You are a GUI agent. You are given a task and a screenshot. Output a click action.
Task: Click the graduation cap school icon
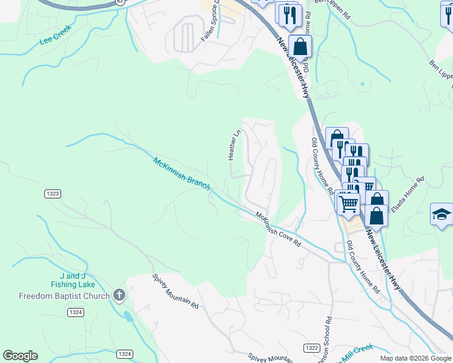click(441, 215)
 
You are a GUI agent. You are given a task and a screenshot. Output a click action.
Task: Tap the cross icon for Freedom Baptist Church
click(119, 295)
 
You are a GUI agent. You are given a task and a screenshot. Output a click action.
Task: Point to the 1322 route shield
click(311, 347)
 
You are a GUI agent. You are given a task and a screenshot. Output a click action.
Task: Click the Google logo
click(20, 356)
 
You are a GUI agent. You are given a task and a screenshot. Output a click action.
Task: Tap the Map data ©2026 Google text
click(415, 358)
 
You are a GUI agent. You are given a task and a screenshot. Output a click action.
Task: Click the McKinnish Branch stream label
click(181, 174)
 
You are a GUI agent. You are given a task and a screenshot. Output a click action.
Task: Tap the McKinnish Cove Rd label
click(278, 229)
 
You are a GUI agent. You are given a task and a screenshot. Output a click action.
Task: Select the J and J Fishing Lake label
click(73, 280)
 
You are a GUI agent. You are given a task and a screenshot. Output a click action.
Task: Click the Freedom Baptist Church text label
click(64, 296)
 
